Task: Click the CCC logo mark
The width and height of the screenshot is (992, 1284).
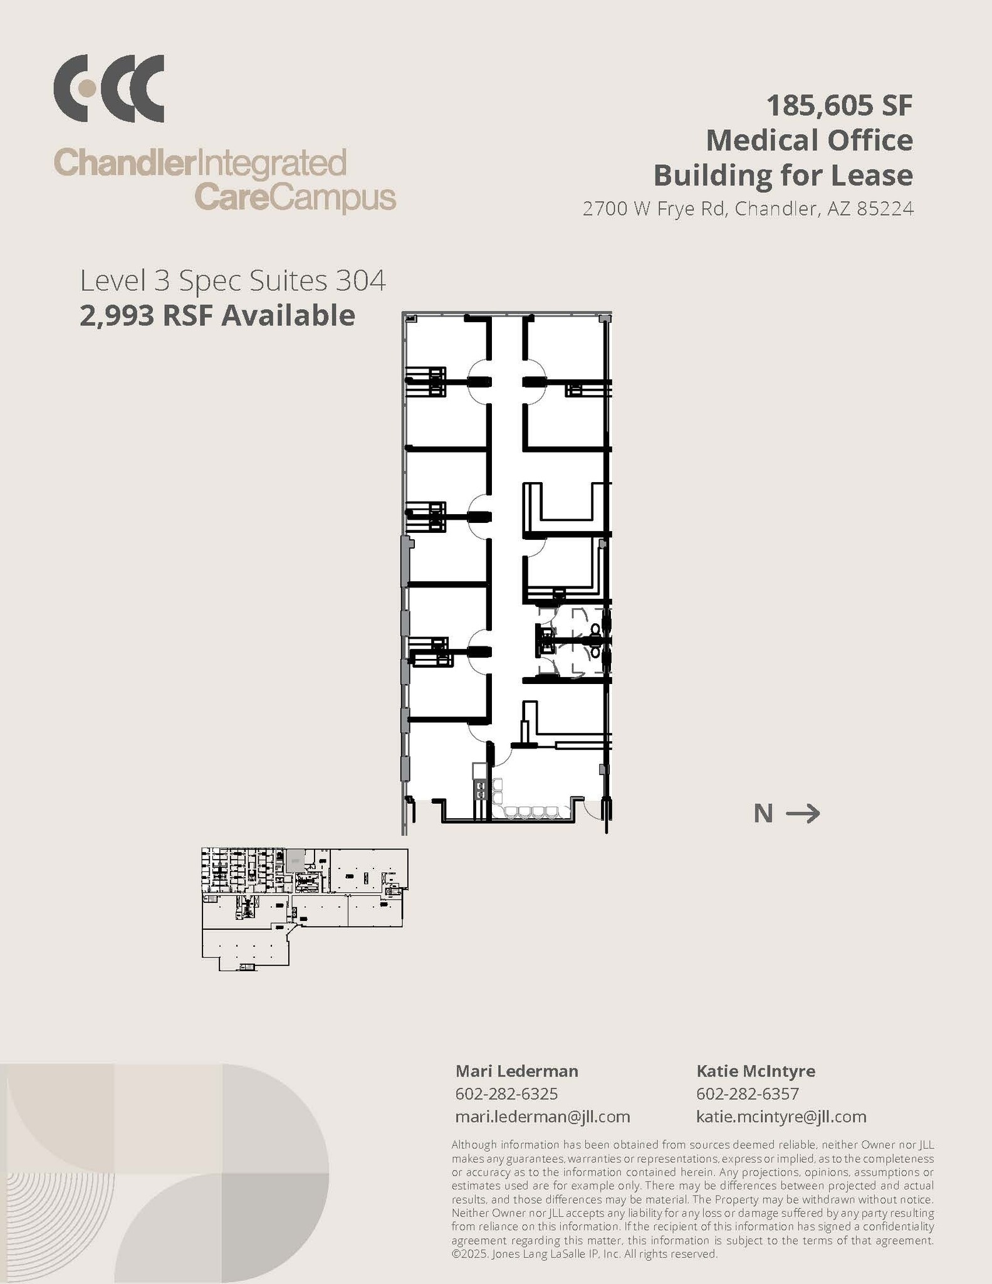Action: [108, 88]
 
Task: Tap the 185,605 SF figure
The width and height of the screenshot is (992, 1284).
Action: [839, 105]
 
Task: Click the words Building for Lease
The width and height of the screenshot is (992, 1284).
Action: [783, 175]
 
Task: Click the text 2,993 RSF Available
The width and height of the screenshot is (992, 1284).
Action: [217, 315]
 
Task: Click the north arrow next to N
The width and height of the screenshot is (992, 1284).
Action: [803, 814]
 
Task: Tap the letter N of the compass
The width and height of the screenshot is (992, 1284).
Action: [763, 814]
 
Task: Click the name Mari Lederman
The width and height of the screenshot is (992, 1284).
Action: [516, 1071]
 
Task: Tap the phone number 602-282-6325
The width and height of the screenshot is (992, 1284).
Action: [506, 1094]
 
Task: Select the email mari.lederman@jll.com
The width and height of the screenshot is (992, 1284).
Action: [542, 1117]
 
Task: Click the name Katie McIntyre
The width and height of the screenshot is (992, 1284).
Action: [755, 1071]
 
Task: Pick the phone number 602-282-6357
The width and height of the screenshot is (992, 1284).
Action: [747, 1094]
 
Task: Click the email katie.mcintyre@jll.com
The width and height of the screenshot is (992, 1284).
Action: [781, 1117]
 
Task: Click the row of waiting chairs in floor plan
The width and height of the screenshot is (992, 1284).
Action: [532, 812]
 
